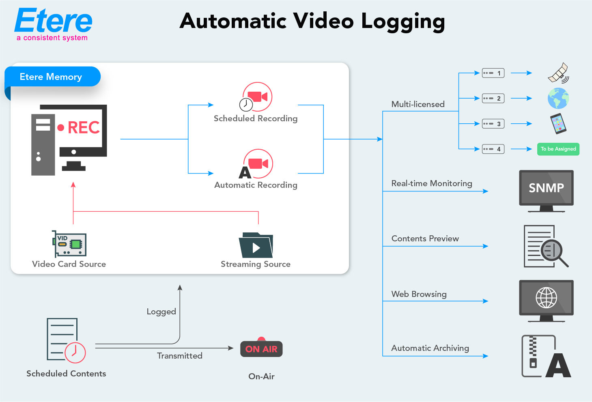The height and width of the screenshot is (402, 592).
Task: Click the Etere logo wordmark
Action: [54, 21]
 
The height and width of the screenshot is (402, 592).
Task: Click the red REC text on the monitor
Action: [84, 127]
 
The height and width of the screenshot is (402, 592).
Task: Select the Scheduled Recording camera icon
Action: [257, 97]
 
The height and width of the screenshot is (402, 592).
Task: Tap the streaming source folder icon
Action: [256, 245]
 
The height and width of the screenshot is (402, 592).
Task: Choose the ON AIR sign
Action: [261, 349]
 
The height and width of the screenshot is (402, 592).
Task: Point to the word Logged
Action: [161, 312]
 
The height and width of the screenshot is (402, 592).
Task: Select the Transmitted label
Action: [179, 356]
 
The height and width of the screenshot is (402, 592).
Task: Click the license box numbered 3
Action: [493, 124]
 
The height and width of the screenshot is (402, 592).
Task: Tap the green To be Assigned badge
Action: [558, 149]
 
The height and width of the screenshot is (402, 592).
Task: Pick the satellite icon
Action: [558, 73]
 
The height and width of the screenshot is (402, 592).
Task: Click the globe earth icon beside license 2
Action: [558, 99]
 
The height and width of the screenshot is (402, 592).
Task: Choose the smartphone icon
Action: [558, 123]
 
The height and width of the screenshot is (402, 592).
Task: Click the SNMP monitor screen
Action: [546, 188]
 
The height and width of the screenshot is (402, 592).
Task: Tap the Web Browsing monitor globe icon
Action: [546, 298]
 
